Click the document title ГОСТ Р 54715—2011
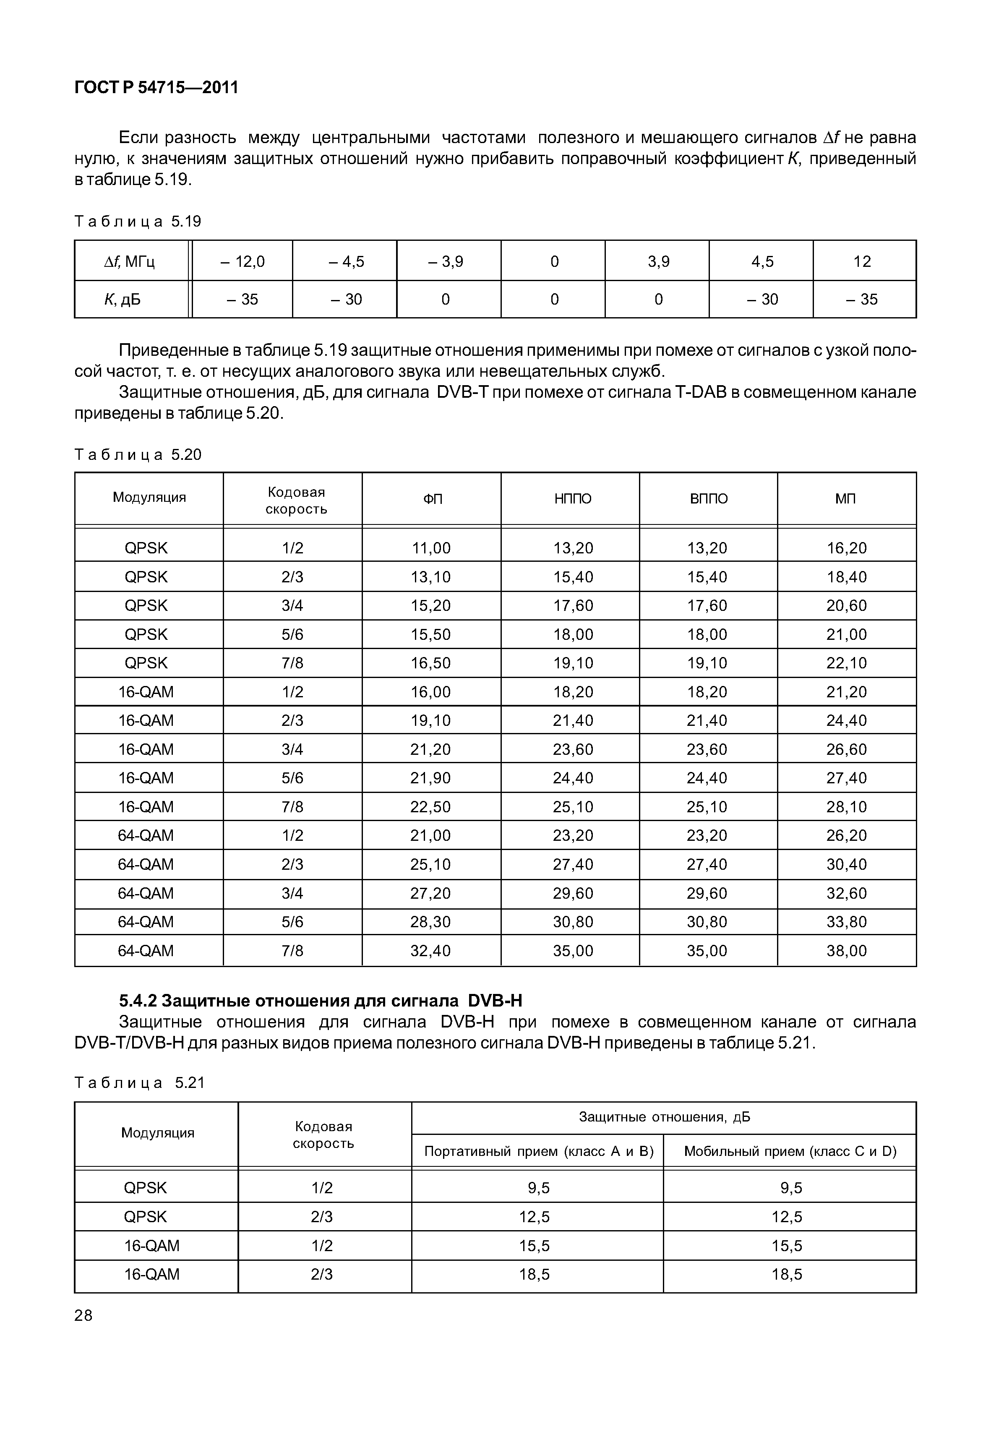(156, 88)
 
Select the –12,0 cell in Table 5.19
(242, 261)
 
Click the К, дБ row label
(123, 299)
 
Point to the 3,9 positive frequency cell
(658, 261)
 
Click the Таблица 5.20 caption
(138, 454)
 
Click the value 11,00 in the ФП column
(430, 548)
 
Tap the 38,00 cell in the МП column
(846, 950)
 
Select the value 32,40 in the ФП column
(430, 950)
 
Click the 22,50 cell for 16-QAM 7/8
(430, 807)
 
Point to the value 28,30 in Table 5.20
(430, 921)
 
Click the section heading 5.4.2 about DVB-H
(321, 1000)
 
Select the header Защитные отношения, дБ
(664, 1117)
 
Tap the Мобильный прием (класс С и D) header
(790, 1151)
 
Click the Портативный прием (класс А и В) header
(538, 1151)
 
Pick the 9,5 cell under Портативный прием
(538, 1188)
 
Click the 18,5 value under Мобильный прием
(787, 1274)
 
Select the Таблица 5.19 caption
(138, 222)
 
